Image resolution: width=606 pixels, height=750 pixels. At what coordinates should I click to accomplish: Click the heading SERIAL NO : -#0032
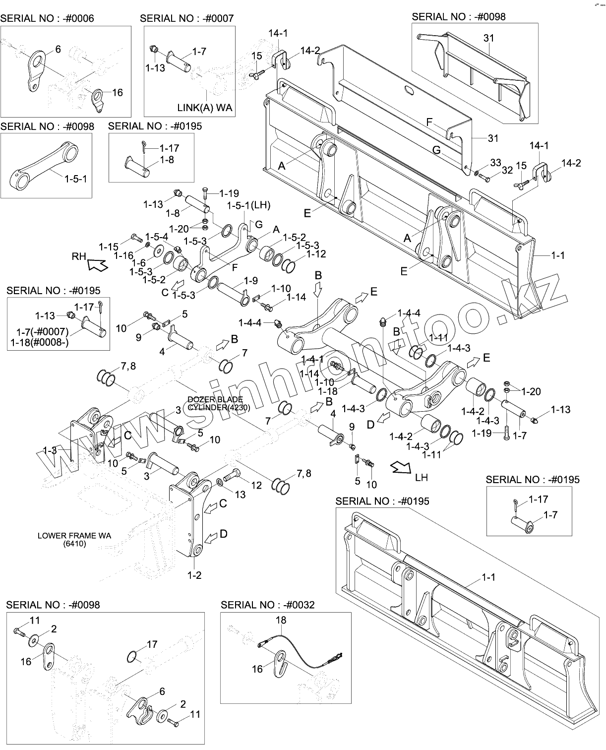pos(267,605)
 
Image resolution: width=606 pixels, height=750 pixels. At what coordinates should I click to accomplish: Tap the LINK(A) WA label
pos(204,107)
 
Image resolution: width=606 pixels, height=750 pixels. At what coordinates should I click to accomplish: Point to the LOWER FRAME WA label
pos(74,536)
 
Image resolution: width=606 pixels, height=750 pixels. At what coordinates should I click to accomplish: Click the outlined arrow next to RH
pos(97,265)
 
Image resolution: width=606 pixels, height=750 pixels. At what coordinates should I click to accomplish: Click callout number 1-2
pos(194,575)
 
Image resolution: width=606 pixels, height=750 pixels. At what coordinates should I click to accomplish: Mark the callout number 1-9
pos(251,280)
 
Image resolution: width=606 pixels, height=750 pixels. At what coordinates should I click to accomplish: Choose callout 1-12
pos(316,254)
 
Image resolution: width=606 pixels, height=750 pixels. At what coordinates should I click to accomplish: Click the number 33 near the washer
pos(495,162)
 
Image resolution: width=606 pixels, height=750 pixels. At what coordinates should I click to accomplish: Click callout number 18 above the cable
pos(281,620)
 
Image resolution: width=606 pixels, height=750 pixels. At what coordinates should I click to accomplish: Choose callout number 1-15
pos(109,246)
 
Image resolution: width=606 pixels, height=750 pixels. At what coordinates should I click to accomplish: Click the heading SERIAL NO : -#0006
pos(47,19)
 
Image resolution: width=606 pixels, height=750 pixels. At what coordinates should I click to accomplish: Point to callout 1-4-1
pos(312,359)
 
